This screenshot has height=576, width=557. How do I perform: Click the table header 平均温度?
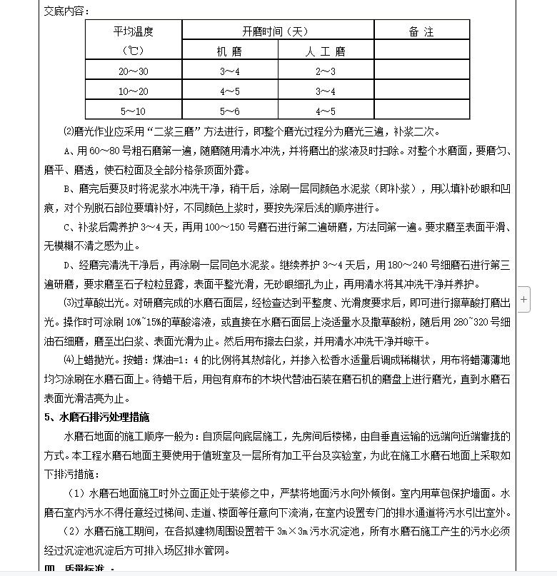[134, 31]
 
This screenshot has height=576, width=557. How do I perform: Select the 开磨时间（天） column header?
[278, 31]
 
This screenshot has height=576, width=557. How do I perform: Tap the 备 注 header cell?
[421, 31]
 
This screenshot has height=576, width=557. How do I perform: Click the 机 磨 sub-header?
[230, 51]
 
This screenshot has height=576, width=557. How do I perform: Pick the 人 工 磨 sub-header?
[326, 51]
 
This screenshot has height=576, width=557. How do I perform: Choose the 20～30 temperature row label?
[134, 71]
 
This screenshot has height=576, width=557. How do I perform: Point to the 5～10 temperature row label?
[134, 111]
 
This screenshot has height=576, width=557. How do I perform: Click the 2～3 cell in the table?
[326, 71]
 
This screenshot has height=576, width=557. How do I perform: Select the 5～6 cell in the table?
[230, 111]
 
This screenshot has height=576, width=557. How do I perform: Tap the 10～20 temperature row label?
[134, 91]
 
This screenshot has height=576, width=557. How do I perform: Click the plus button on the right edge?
[524, 300]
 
